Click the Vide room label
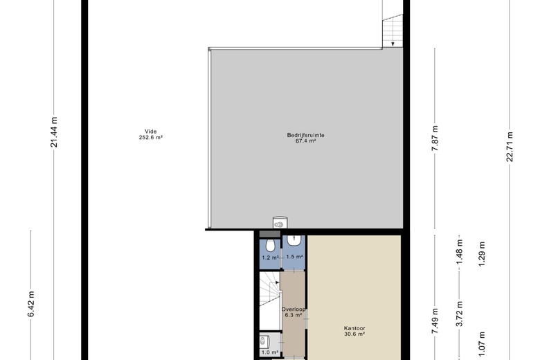coord(151,132)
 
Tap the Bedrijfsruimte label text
coord(305,135)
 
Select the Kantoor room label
coord(354,328)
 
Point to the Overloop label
coord(294,309)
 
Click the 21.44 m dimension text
coord(54,132)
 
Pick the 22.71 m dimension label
coord(510,147)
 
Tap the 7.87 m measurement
coord(435,138)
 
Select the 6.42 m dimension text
coord(31,304)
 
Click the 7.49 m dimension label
coord(435,321)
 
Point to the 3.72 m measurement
coord(460,314)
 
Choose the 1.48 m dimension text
coord(460,252)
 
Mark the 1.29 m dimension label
coord(482,254)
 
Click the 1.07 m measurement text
coord(482,345)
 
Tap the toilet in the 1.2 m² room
coord(270,245)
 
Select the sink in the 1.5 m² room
coord(294,240)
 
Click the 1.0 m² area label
coord(270,352)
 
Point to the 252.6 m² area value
coord(151,137)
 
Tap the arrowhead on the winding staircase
coord(277,282)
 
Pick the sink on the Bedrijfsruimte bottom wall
coord(280,223)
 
